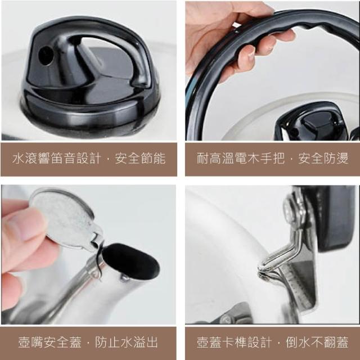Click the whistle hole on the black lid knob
(46, 56)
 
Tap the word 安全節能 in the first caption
(140, 159)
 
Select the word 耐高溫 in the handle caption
(215, 158)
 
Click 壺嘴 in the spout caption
(31, 343)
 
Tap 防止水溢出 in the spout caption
(127, 343)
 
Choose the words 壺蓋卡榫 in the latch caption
(222, 343)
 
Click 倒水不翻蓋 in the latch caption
(317, 343)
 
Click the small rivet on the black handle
(236, 30)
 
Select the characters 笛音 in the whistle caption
(62, 159)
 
